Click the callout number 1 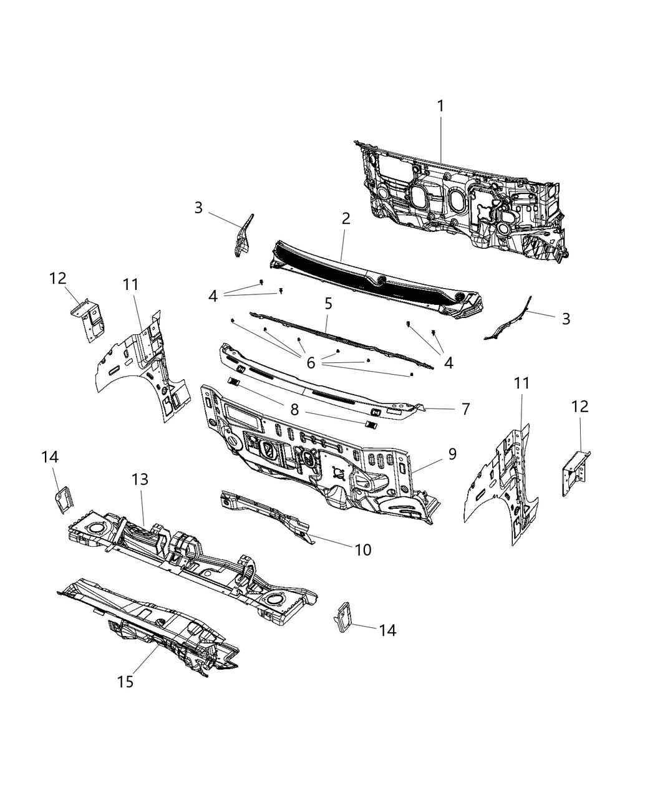(x=440, y=106)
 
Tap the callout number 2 (x=346, y=218)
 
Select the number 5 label (x=328, y=304)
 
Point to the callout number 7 (x=465, y=410)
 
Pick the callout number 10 (x=363, y=549)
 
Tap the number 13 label (x=140, y=479)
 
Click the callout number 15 (x=125, y=682)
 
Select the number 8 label (x=294, y=410)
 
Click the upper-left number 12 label (x=58, y=278)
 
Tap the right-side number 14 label (x=387, y=630)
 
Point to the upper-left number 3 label (x=198, y=208)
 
